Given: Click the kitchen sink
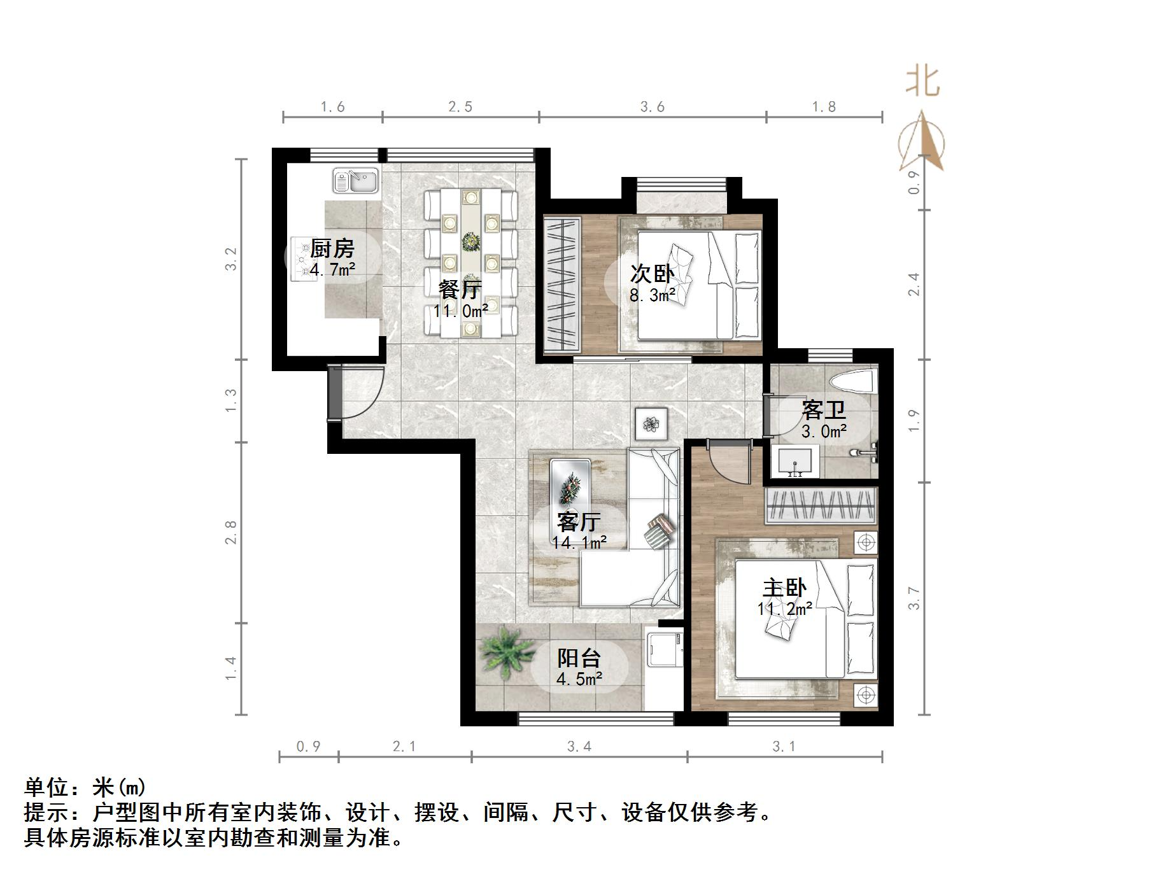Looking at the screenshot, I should click(355, 180).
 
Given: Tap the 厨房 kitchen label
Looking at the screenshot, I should click(332, 248).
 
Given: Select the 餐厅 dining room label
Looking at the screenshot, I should click(460, 290).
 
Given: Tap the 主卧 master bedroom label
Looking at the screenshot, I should click(784, 588).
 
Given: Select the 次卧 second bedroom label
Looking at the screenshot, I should click(652, 274).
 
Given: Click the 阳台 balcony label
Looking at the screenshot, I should click(579, 658).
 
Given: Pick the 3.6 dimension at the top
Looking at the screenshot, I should click(653, 107).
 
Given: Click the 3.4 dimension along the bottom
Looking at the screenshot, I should click(579, 747).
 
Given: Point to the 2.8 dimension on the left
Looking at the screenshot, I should click(230, 532).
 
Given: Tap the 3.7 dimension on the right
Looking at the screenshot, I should click(914, 598).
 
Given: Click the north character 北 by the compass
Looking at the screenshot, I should click(922, 82).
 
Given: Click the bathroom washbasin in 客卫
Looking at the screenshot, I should click(794, 461).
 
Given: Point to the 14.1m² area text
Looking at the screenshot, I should click(579, 543).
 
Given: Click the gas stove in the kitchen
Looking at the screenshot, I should click(304, 258).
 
